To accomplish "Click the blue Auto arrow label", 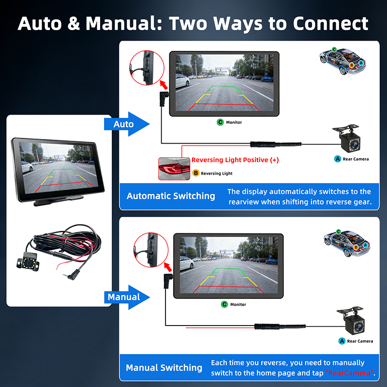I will click(x=124, y=124).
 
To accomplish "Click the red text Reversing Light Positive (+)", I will click(x=235, y=160).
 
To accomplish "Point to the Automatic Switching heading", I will click(x=171, y=196).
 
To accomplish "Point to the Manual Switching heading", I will click(x=164, y=368).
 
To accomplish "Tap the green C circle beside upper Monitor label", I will click(x=220, y=122).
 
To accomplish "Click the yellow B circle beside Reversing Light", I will click(x=196, y=173).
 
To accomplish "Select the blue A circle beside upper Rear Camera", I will click(x=338, y=159).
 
